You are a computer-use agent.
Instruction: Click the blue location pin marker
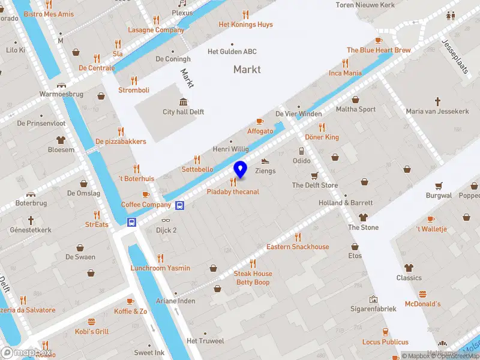coord(240,170)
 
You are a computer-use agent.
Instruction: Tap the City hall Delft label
coord(184,112)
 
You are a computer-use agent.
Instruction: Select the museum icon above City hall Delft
coord(183,101)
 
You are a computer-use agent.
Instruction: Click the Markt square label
coord(247,70)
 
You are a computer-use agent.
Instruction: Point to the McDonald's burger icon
coord(422,294)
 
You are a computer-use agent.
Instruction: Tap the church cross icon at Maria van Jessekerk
coord(438,101)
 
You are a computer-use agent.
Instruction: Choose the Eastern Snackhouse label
coord(298,247)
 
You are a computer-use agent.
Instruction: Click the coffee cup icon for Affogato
coord(260,121)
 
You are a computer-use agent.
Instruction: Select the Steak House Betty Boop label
coord(253,278)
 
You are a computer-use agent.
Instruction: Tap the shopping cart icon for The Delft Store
coord(314,175)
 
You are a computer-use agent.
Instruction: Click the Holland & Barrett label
coord(346,203)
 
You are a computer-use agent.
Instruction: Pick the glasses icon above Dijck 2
coord(166,220)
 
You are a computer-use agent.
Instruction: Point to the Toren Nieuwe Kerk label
coord(374,5)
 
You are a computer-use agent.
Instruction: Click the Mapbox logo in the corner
coord(26,353)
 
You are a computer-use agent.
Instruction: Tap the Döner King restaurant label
coord(323,137)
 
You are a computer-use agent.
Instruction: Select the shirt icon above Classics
coord(409,268)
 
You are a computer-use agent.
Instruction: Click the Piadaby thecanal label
coord(233,192)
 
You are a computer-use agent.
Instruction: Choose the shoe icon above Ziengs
coord(266,161)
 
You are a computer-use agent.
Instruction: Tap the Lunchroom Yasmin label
coord(160,268)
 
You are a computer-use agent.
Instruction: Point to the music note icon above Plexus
coord(182,3)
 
